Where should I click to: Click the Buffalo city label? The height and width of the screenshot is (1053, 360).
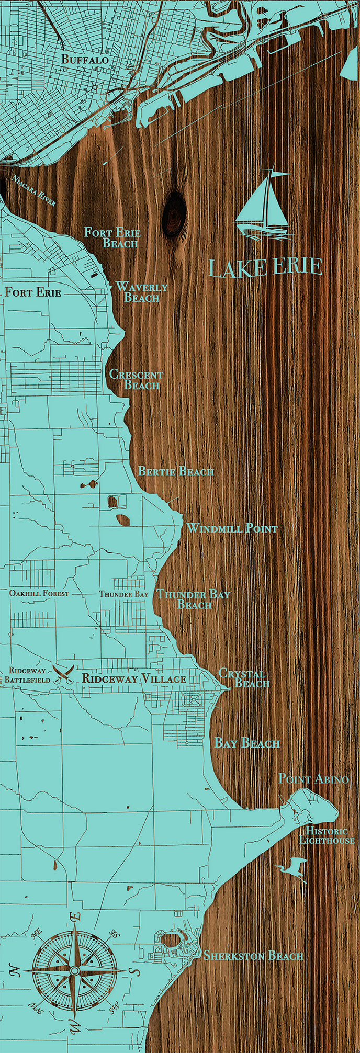click(x=85, y=60)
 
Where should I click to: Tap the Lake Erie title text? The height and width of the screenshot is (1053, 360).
click(x=265, y=267)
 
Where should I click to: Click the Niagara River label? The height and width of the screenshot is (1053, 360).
click(x=33, y=191)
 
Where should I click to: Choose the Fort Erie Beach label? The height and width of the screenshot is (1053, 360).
click(x=113, y=237)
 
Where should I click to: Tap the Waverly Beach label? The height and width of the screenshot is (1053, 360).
click(x=141, y=292)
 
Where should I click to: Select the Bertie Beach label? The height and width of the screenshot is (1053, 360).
click(x=176, y=471)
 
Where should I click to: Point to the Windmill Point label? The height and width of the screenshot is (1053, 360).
click(x=232, y=528)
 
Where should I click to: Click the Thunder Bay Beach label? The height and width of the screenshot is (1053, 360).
click(x=194, y=599)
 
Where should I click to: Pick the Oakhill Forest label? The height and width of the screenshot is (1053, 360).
click(x=39, y=594)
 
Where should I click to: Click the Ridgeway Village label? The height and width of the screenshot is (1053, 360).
click(x=134, y=678)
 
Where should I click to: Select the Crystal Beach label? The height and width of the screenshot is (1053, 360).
click(x=244, y=678)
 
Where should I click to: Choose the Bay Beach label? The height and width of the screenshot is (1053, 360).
click(x=248, y=743)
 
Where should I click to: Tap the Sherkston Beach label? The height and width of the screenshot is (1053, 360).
click(x=253, y=956)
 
